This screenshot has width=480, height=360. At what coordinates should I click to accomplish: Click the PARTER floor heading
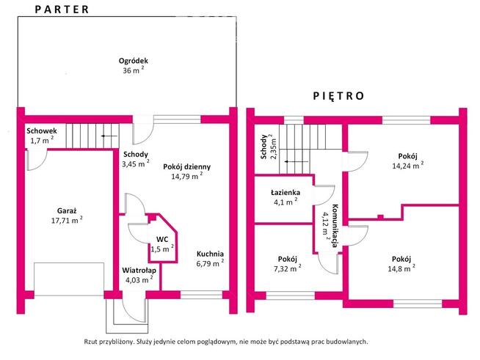click(x=62, y=10)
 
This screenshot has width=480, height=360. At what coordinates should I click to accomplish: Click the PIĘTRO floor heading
click(x=338, y=96)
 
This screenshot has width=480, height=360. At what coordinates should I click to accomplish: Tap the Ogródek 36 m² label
click(x=133, y=65)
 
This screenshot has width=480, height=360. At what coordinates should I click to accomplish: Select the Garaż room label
click(x=67, y=210)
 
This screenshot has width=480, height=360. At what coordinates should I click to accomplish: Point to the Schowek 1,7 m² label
click(x=41, y=136)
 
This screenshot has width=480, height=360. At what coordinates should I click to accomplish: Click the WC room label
click(x=162, y=239)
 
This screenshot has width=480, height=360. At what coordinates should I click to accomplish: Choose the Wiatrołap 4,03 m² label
click(x=139, y=275)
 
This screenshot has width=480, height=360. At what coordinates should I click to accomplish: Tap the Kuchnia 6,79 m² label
click(x=210, y=259)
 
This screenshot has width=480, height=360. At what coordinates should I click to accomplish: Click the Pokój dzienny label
click(x=186, y=166)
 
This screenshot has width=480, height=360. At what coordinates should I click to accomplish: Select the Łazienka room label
click(x=286, y=193)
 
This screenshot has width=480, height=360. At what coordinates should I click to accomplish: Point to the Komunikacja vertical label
click(x=335, y=225)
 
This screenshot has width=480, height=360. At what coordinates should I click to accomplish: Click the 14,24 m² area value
click(x=408, y=166)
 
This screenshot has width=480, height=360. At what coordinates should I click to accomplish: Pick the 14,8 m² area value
click(x=401, y=269)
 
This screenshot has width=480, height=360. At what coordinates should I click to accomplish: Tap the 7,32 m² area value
click(x=287, y=269)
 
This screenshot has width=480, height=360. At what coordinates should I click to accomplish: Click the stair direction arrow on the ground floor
click(x=109, y=136)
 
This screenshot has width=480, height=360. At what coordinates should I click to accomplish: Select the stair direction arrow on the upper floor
click(x=297, y=161)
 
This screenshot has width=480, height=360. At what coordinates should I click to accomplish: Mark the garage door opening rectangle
click(x=69, y=279)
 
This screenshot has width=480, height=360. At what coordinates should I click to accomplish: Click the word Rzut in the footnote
click(x=90, y=342)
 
